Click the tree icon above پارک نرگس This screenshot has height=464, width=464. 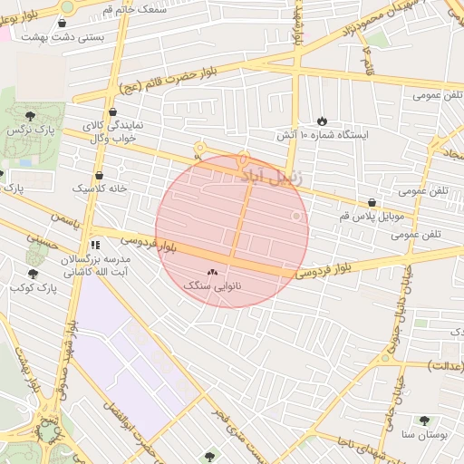click(31, 116)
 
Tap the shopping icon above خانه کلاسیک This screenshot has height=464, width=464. click(99, 175)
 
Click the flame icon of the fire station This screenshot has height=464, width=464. click(322, 121)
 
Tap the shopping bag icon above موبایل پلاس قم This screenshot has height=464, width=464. click(372, 202)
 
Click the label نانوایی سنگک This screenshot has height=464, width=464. click(209, 285)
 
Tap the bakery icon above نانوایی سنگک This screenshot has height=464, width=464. click(213, 271)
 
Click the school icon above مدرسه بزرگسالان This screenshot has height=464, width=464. click(95, 245)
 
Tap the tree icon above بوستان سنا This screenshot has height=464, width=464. click(424, 420)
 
